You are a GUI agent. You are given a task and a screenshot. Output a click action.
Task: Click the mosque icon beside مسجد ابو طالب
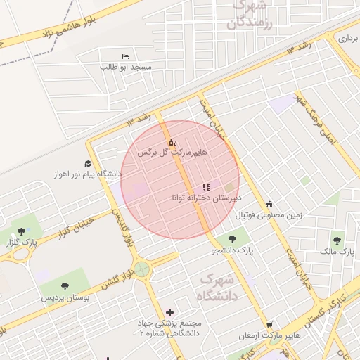pos(125,56)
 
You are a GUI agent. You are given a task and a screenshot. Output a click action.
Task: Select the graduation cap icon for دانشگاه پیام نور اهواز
pos(89,163)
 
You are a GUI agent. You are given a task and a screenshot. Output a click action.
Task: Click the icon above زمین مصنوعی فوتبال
pos(269,205)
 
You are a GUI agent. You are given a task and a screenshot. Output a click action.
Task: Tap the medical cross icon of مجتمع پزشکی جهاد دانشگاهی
pos(169,312)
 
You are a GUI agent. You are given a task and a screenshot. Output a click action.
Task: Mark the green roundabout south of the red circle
pos(143,269)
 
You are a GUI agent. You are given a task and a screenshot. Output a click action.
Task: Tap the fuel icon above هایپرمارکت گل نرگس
pos(172,142)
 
